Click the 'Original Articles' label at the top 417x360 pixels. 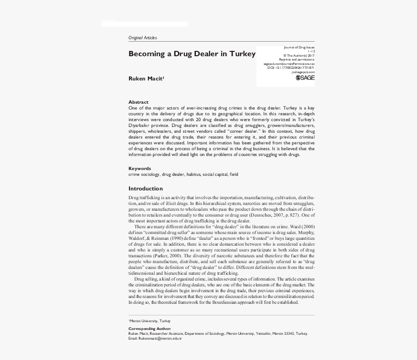(143, 38)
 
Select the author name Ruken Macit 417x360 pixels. (145, 78)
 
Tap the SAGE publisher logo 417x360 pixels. (305, 78)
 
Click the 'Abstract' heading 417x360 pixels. (138, 102)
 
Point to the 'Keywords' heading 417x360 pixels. (140, 169)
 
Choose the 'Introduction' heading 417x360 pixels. (145, 188)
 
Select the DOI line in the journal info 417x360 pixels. (291, 68)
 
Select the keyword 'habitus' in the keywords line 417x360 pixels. (193, 174)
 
